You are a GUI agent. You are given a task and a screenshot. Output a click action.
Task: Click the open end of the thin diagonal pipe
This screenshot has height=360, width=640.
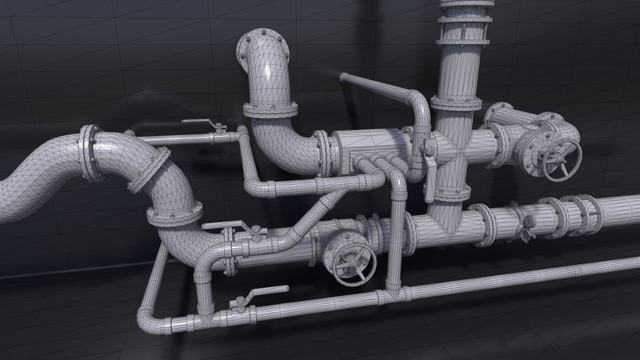tap(344, 78)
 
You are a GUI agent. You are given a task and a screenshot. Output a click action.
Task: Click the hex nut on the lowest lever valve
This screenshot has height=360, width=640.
tap(238, 304)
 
